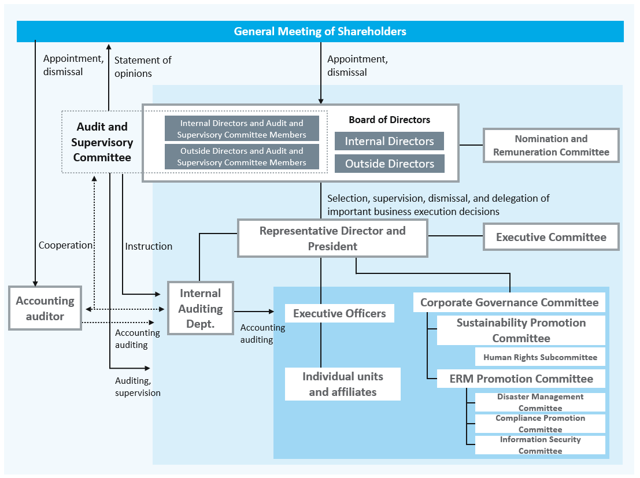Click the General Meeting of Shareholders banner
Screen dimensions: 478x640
[320, 31]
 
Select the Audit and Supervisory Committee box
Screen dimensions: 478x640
[102, 142]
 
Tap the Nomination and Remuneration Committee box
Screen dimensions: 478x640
[551, 145]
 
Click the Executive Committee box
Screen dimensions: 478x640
[551, 237]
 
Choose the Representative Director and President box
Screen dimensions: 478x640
[332, 238]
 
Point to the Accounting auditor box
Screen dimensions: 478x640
[45, 309]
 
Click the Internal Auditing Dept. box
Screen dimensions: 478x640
[200, 309]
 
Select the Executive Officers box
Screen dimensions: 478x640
[339, 313]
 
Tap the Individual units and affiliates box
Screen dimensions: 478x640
[343, 384]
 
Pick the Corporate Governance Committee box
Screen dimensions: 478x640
[509, 302]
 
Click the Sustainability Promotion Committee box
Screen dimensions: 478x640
[521, 330]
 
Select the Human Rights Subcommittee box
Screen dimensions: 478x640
[540, 357]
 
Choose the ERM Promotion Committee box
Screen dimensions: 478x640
[521, 379]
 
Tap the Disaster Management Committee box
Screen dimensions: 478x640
[540, 402]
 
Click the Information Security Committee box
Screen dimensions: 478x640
[540, 445]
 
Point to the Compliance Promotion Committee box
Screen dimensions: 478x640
[540, 424]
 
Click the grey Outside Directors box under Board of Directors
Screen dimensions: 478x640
[390, 164]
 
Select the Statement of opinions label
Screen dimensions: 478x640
[143, 66]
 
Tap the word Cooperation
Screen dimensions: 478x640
[65, 245]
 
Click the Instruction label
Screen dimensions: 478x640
[149, 246]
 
